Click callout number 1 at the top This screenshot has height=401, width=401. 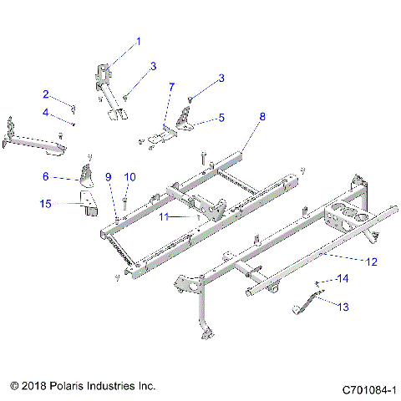(x=139, y=41)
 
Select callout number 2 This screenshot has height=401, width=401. (x=47, y=94)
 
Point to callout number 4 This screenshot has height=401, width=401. (x=47, y=113)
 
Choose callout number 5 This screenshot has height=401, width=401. (x=221, y=119)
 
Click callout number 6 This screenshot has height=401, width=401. (x=47, y=176)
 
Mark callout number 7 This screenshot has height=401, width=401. (x=171, y=87)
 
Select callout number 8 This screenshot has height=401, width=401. (x=262, y=118)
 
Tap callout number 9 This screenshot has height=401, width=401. (x=108, y=176)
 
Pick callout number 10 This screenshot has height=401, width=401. (x=129, y=176)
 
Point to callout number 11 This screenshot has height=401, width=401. (x=164, y=216)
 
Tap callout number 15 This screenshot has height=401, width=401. (x=47, y=203)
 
